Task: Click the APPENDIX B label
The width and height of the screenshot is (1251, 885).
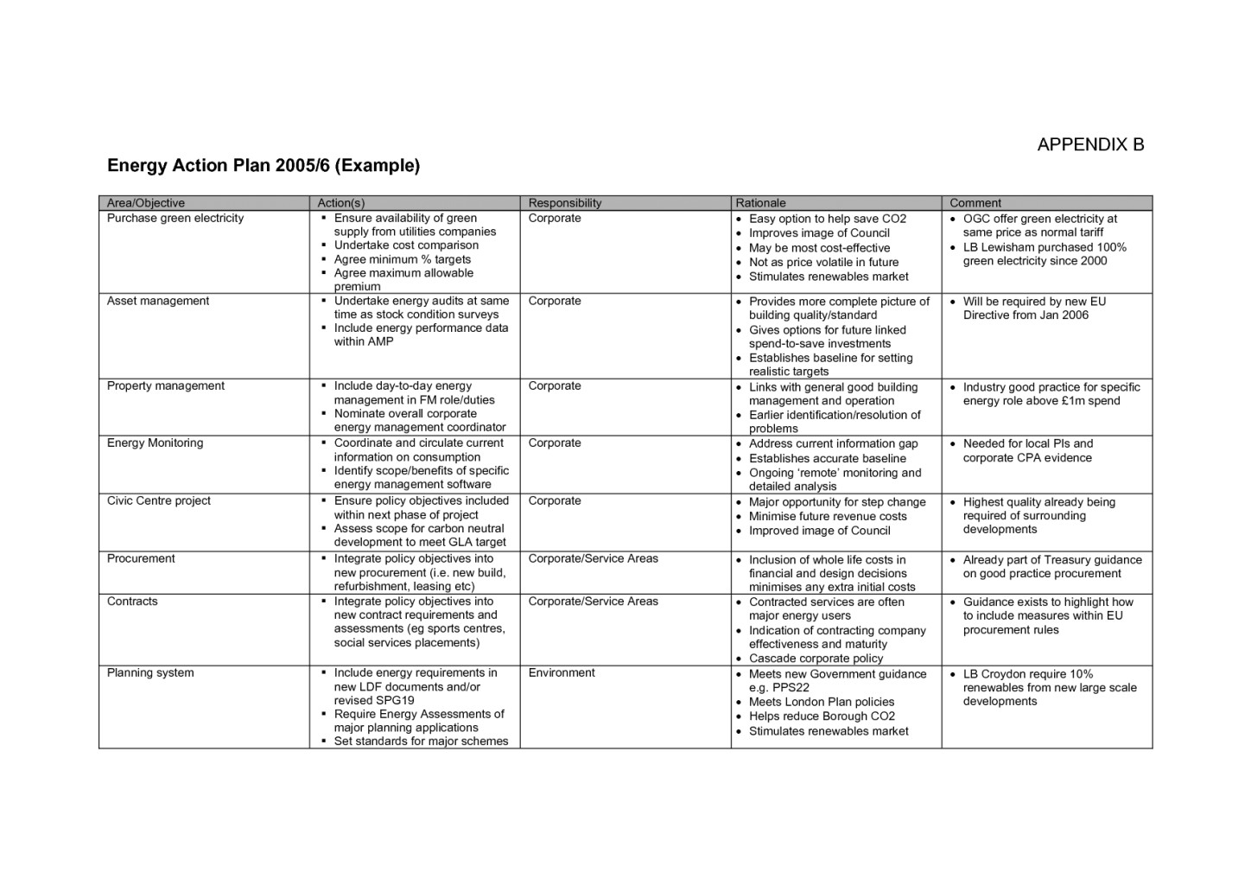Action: [1090, 144]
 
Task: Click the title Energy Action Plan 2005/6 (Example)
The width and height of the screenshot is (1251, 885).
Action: [264, 165]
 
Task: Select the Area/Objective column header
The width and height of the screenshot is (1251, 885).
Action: [146, 203]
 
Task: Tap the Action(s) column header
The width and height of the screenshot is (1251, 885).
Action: [341, 203]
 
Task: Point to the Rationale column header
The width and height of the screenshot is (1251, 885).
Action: [760, 203]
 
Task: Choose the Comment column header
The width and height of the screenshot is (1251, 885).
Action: [975, 203]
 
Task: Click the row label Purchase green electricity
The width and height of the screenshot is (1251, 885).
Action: [175, 218]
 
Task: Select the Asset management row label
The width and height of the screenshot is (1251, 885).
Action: [158, 301]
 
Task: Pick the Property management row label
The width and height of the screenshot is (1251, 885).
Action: [166, 385]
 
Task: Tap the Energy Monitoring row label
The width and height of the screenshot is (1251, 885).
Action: [156, 442]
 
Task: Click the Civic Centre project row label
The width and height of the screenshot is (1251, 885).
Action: [159, 500]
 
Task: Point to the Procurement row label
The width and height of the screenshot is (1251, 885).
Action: [141, 558]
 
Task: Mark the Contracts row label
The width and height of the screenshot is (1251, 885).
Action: [132, 601]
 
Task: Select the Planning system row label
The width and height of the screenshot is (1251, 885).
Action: [150, 672]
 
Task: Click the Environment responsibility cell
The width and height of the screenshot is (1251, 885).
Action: [562, 672]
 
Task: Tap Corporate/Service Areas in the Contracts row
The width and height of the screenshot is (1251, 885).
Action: [594, 601]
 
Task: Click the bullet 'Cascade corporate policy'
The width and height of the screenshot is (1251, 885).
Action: [816, 659]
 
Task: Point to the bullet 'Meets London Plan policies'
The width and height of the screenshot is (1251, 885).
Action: [822, 702]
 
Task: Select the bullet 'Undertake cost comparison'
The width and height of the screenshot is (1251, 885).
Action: [406, 245]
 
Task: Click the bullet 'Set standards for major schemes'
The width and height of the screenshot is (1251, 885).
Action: [421, 741]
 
